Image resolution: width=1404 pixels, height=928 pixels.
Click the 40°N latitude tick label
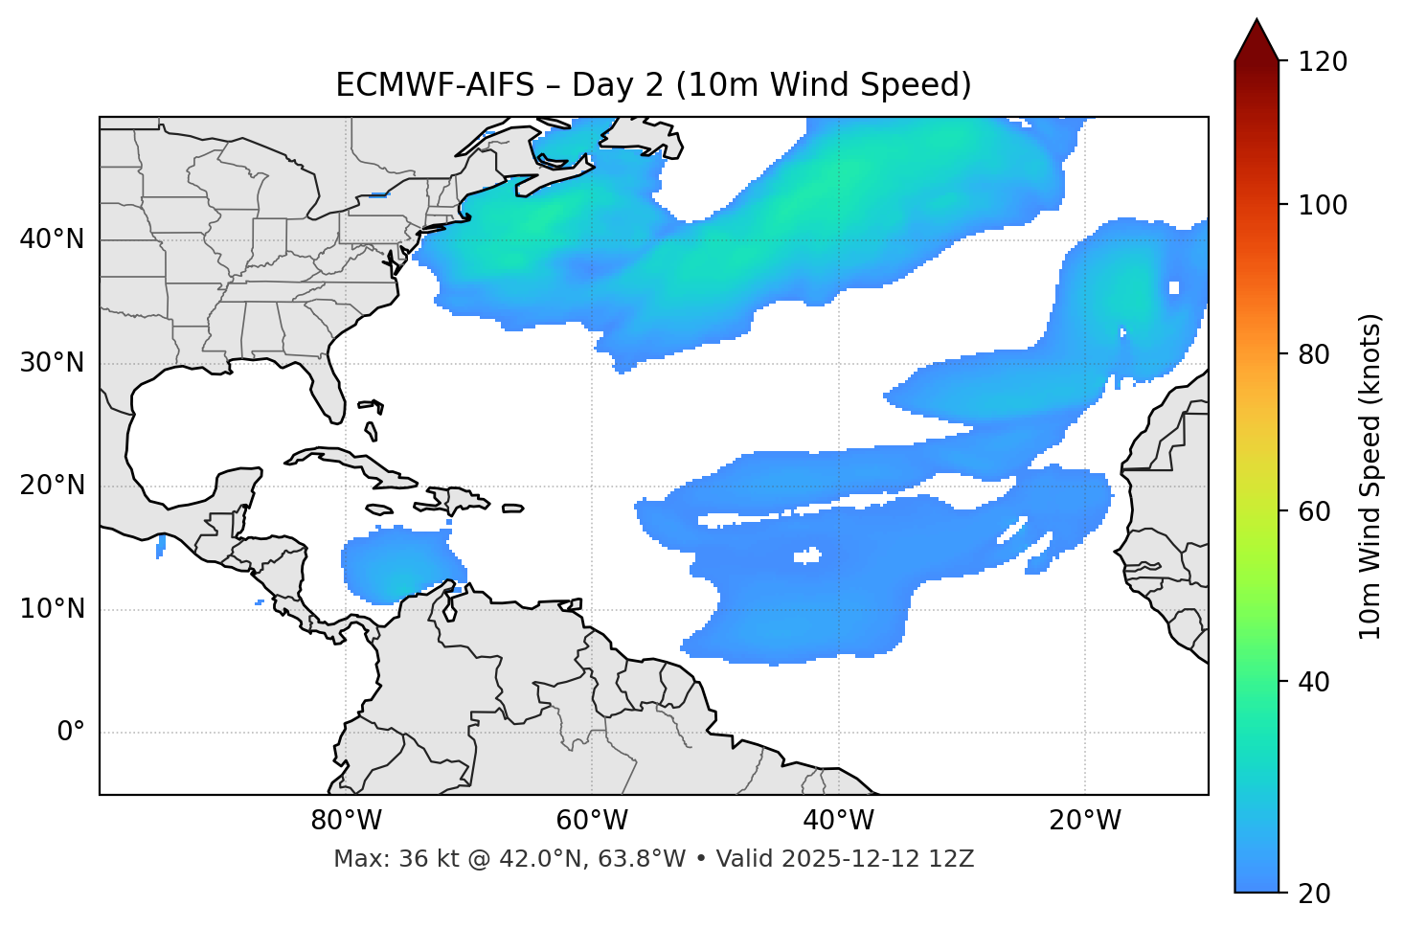click(x=52, y=239)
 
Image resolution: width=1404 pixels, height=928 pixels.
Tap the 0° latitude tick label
click(x=70, y=733)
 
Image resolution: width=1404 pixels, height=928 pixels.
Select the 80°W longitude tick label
click(x=346, y=821)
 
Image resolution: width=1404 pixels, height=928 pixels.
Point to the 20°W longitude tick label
click(x=1085, y=821)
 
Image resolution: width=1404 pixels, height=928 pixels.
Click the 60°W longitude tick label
click(x=592, y=821)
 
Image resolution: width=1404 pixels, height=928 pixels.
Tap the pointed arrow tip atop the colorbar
click(x=1257, y=23)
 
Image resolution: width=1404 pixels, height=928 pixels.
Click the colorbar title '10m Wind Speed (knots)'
click(x=1370, y=476)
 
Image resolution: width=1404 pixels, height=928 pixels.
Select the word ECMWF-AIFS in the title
click(x=434, y=85)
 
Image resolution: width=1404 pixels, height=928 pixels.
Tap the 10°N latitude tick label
click(x=52, y=609)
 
